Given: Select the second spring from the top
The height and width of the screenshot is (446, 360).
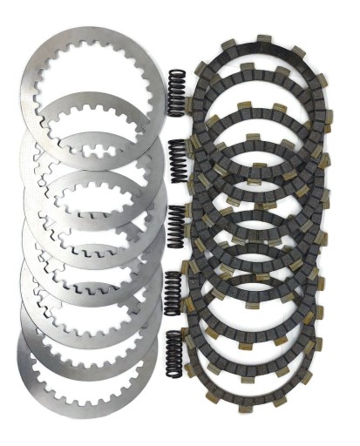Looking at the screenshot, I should [x=179, y=159].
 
